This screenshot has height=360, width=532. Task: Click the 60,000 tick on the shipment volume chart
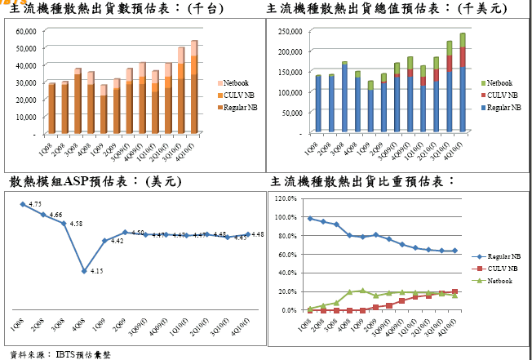pos(26,30)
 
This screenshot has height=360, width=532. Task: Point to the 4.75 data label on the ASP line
pos(35,203)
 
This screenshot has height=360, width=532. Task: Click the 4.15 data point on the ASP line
pos(84,271)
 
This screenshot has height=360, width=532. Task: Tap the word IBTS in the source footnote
pos(66,354)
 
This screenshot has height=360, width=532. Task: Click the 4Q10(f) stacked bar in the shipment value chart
pos(463,82)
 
